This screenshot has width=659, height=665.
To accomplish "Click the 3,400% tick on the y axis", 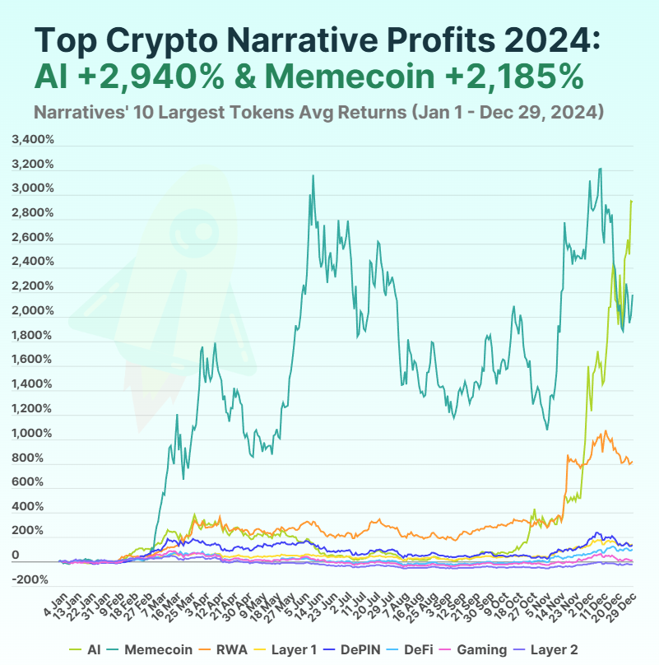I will coord(33,140).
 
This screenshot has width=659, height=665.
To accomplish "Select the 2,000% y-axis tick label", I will coord(33,311).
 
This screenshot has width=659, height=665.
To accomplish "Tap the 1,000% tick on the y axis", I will coord(33,433).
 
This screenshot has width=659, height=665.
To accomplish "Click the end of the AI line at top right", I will coord(631,201).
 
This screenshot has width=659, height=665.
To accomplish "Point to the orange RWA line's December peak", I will coord(606,430).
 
